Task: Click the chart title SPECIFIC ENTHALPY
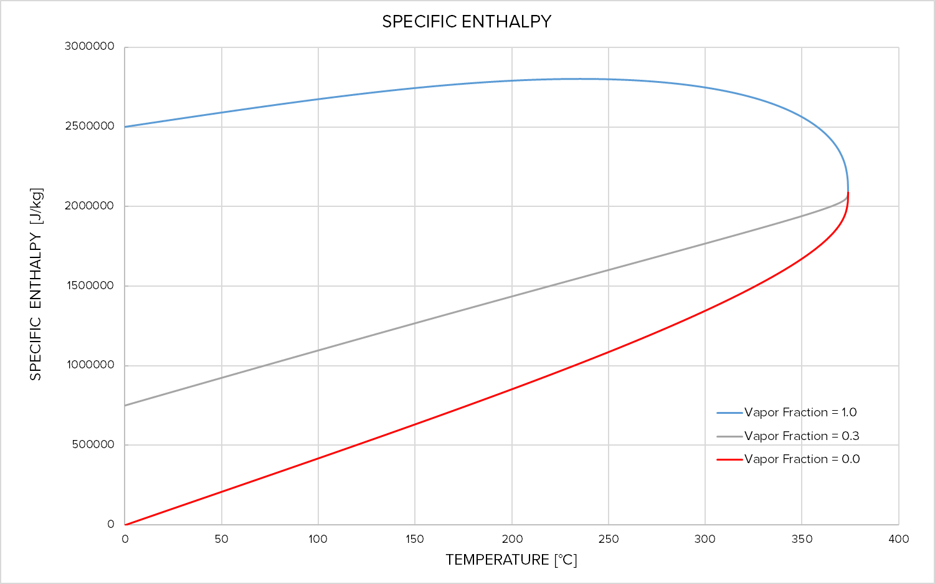[467, 22]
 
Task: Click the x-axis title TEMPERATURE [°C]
[511, 560]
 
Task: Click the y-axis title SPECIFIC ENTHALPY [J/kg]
[36, 284]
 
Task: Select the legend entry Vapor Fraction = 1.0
[800, 413]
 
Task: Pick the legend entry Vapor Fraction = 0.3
[801, 436]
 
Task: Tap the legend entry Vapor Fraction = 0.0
[801, 459]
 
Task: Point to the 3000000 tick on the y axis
[90, 47]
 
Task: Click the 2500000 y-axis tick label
[90, 126]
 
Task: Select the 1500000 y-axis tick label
[90, 285]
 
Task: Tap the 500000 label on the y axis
[93, 444]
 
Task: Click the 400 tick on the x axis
[898, 539]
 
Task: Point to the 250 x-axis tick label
[608, 539]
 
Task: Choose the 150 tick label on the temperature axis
[414, 539]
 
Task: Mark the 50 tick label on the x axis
[221, 539]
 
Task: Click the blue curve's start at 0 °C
[125, 127]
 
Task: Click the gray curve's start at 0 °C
[125, 406]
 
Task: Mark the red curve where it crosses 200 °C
[512, 389]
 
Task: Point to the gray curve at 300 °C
[705, 244]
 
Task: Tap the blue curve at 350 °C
[802, 117]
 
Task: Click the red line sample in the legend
[729, 459]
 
